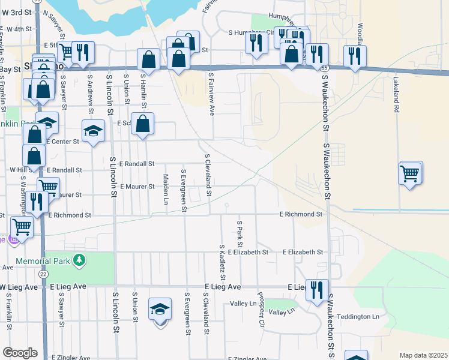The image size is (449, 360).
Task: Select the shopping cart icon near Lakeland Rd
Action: [x=409, y=174]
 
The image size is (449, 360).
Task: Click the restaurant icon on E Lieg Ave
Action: [x=316, y=290]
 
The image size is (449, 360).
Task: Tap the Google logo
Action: [x=20, y=353]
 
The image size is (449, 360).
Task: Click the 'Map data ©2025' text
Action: [x=424, y=355]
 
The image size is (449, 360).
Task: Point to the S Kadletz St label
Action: [x=222, y=263]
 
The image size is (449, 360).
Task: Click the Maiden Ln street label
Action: [x=165, y=188]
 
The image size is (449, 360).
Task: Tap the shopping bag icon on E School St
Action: [x=143, y=124]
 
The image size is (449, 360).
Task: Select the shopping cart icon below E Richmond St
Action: [x=22, y=227]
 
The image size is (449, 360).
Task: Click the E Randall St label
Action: [x=137, y=163]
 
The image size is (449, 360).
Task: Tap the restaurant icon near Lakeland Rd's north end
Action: [x=355, y=56]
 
